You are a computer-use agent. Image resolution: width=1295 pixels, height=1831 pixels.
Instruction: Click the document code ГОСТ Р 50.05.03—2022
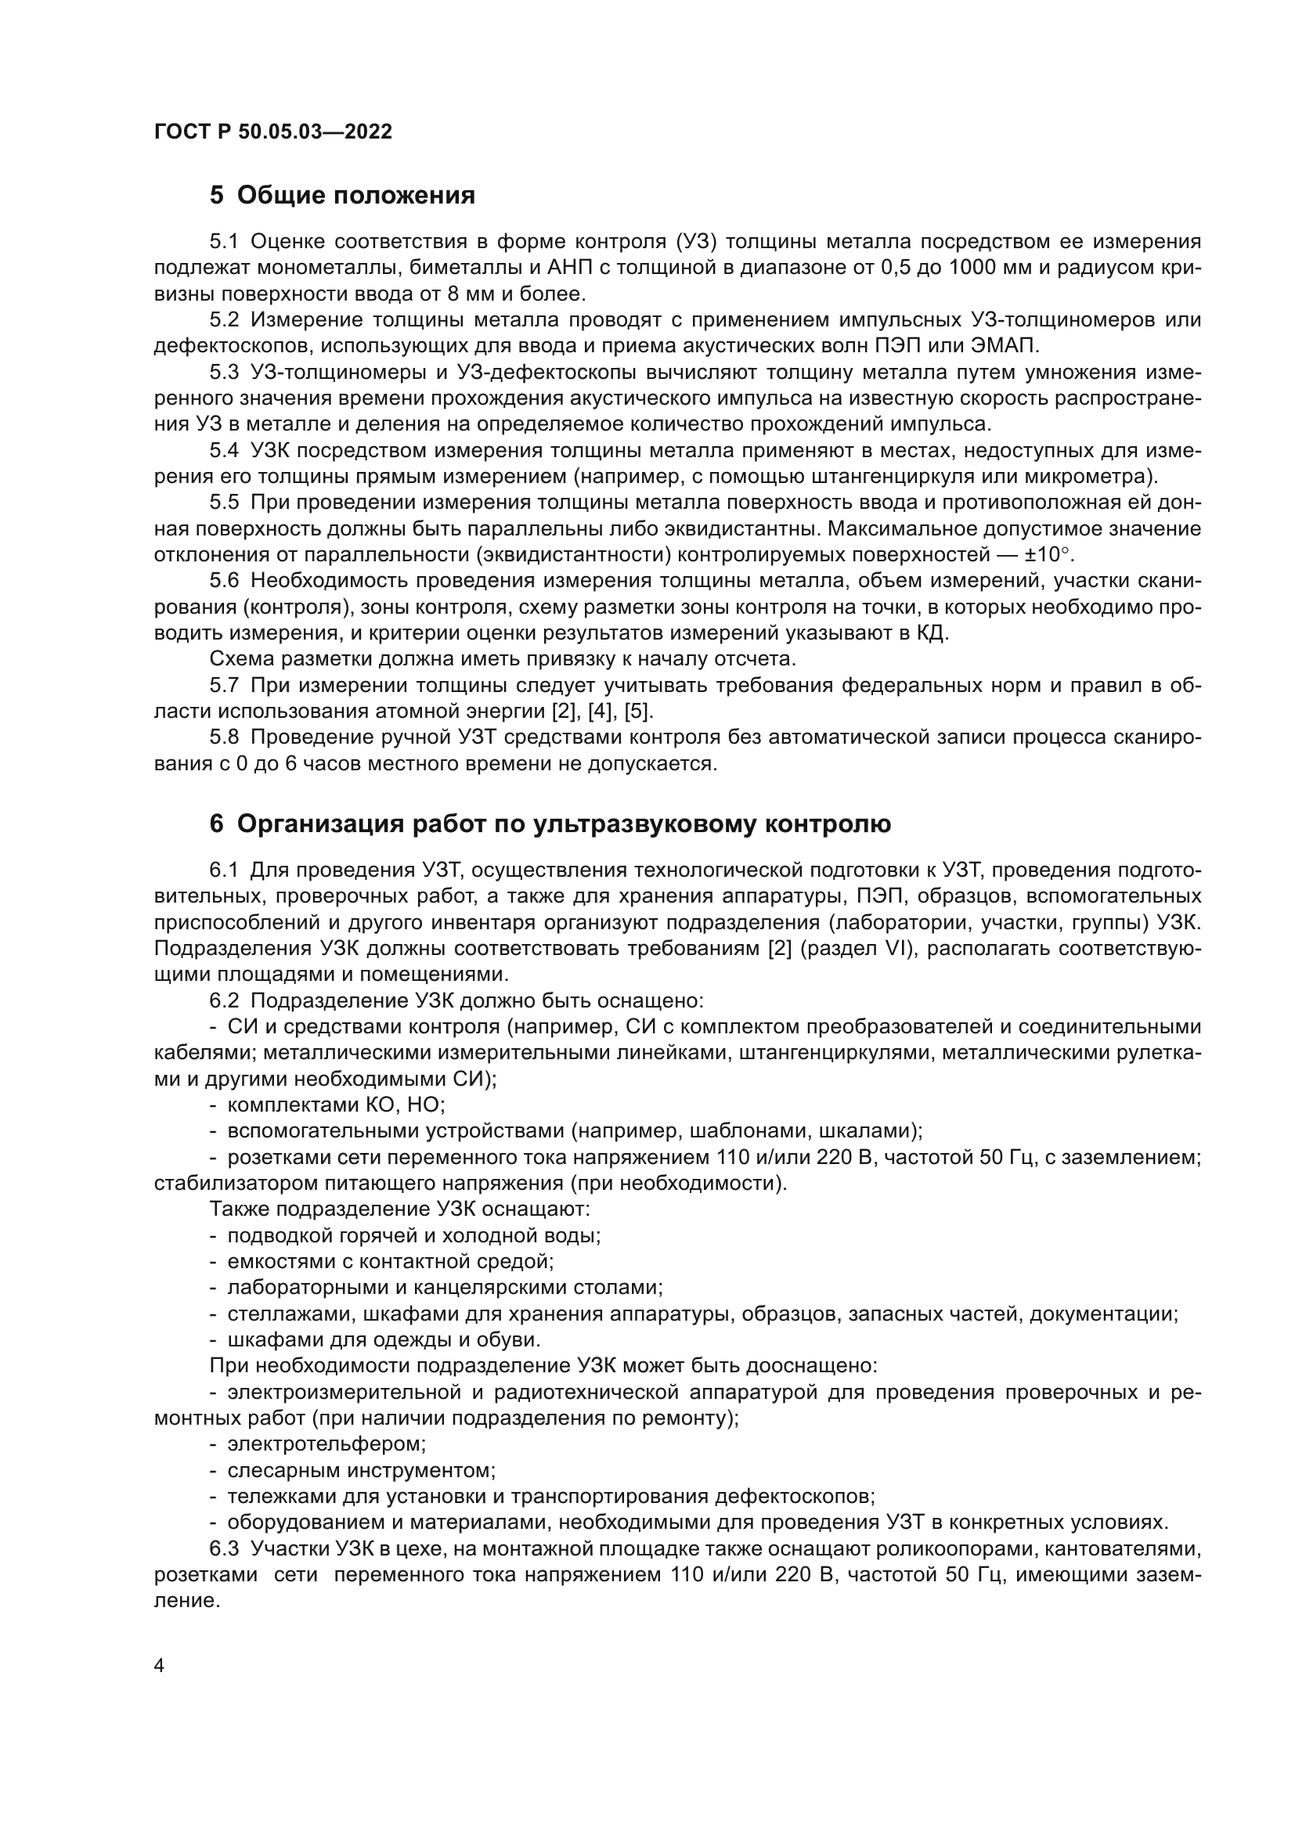(x=272, y=132)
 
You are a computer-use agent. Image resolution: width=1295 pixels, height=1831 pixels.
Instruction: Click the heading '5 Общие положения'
(x=342, y=196)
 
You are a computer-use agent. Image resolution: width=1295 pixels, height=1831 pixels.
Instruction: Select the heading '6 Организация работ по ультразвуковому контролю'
(x=550, y=824)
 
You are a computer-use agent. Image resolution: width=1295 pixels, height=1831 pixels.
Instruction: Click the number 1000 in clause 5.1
(x=976, y=268)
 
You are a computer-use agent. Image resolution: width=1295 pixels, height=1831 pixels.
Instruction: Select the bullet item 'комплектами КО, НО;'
(x=336, y=1105)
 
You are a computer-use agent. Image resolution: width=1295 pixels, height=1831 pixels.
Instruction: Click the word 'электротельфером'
(x=326, y=1444)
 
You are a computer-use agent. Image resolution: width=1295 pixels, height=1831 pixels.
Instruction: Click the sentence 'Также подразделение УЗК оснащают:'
(x=399, y=1209)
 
